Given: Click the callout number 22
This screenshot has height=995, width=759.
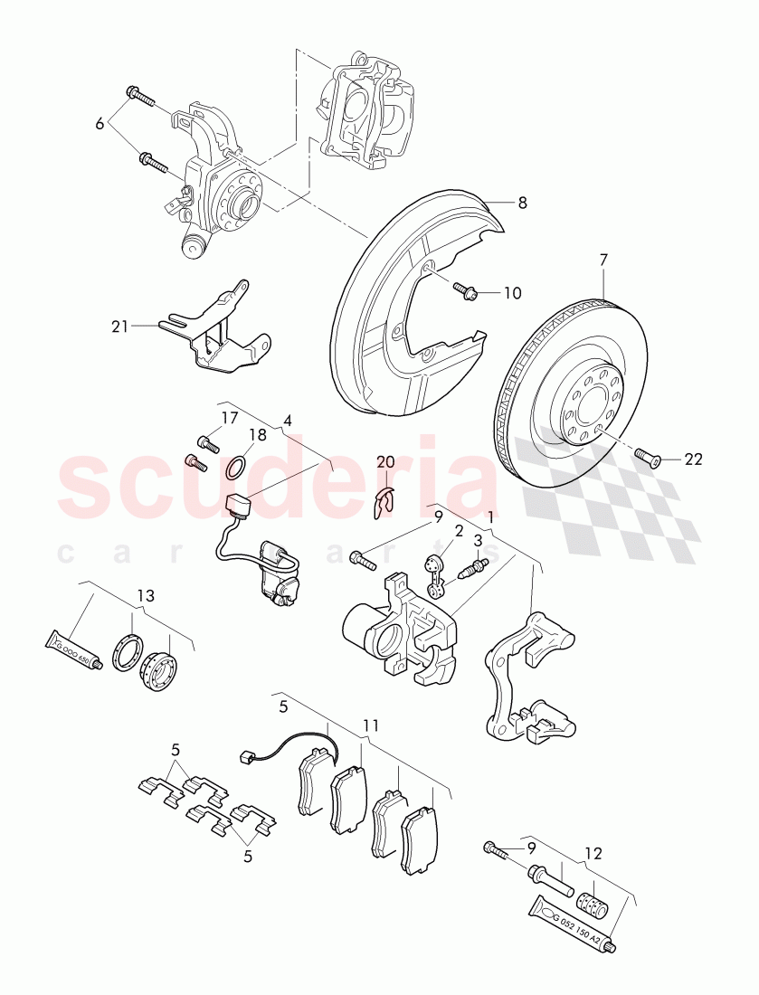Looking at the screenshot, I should [x=693, y=460].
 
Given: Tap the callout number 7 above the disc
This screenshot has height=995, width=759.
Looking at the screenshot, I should [x=603, y=260].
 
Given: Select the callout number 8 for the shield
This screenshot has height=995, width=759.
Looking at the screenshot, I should [x=522, y=204].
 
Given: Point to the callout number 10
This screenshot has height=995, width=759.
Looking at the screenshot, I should [x=512, y=293].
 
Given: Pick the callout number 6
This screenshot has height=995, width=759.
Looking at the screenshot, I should [x=100, y=124].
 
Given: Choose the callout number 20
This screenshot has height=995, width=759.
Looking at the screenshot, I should [x=385, y=462].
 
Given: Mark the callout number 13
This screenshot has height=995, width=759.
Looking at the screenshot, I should [x=146, y=596].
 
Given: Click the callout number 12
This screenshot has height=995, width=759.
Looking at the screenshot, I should [x=593, y=852].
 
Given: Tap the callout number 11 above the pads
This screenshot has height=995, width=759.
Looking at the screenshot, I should [x=371, y=725].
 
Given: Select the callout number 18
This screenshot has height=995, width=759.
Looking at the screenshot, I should [x=257, y=434].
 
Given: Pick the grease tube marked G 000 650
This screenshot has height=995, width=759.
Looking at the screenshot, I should [x=74, y=648].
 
